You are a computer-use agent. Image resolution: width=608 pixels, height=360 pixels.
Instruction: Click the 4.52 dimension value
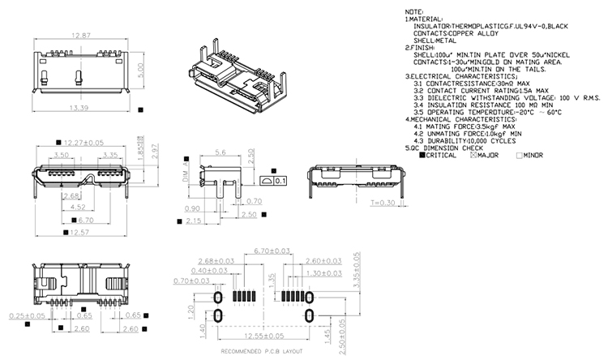coord(79,207)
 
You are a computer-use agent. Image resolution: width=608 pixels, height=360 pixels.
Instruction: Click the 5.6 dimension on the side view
coord(220,152)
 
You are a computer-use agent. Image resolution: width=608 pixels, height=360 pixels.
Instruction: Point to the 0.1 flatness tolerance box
coord(280,181)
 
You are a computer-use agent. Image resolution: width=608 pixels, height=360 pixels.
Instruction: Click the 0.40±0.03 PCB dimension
coord(206,271)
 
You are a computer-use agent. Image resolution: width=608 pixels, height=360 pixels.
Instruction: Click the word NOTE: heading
coord(414,11)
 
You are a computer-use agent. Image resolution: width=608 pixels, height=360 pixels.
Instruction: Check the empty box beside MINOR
coord(520,155)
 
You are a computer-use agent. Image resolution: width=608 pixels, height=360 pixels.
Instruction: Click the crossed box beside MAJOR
coord(473,155)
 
